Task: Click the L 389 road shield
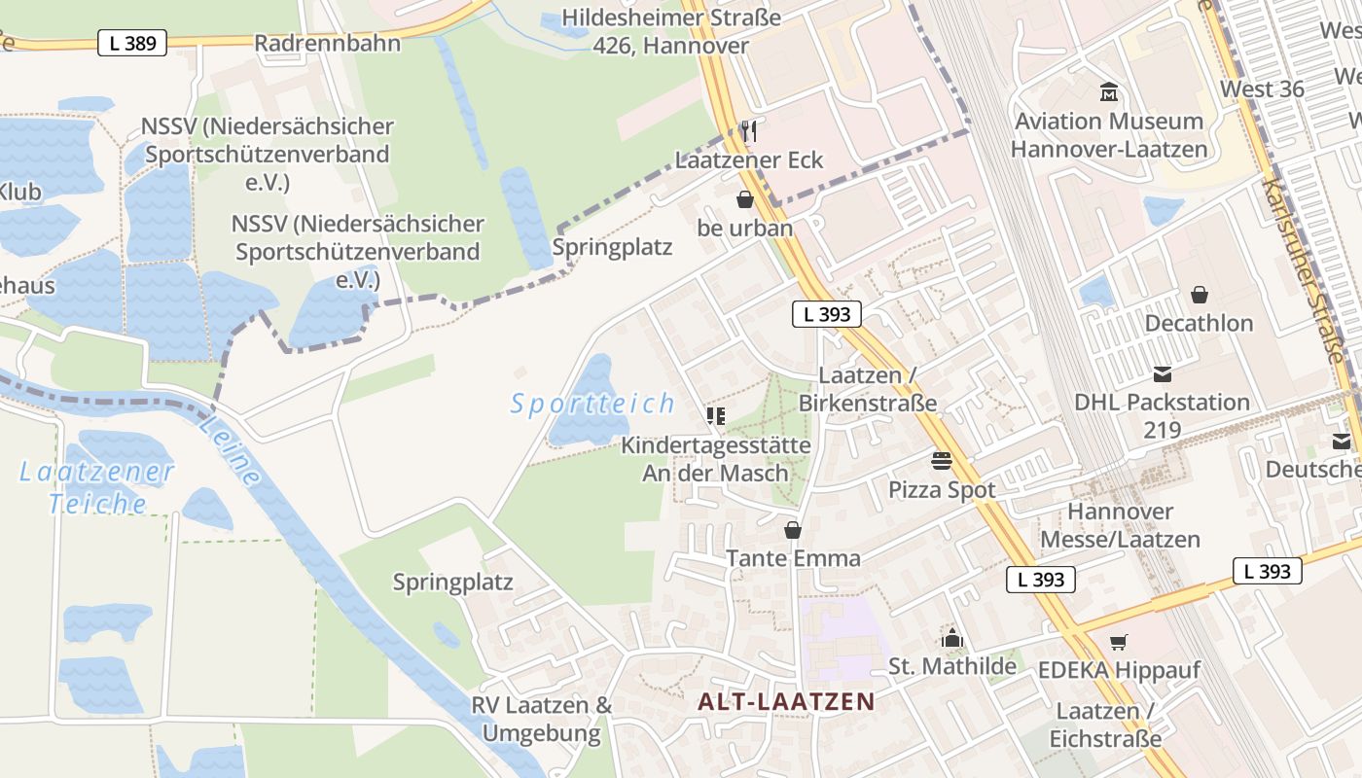coord(132,43)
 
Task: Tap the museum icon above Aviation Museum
coord(1108,93)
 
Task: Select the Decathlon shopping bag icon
coord(1199,294)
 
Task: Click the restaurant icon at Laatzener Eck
coord(748,130)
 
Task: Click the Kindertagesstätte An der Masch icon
coord(716,417)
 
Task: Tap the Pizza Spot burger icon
coord(941,460)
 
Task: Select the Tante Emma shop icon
coord(793,530)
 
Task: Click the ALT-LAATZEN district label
coord(786,701)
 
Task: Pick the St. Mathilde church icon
coord(951,638)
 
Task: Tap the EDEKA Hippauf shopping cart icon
coord(1118,642)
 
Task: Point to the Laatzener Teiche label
coord(97,488)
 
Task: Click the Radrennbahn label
coord(327,44)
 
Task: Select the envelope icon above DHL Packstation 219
coord(1162,374)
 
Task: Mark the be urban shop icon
coord(745,199)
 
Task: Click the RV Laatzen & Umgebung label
coord(542,719)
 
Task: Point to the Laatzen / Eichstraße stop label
coord(1105,725)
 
